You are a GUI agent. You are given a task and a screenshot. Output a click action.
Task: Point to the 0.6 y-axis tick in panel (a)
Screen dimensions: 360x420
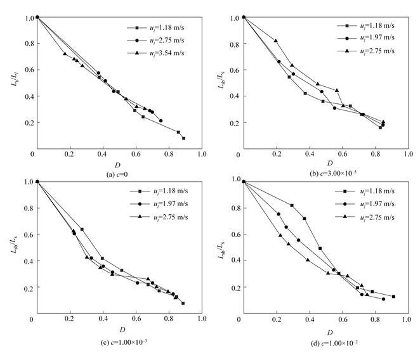click(27, 70)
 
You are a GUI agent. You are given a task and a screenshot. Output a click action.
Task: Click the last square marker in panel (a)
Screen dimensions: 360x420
click(183, 138)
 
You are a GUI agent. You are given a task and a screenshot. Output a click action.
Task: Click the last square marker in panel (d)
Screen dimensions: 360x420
click(393, 296)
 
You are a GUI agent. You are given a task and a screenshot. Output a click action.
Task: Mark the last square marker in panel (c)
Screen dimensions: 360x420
click(183, 303)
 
